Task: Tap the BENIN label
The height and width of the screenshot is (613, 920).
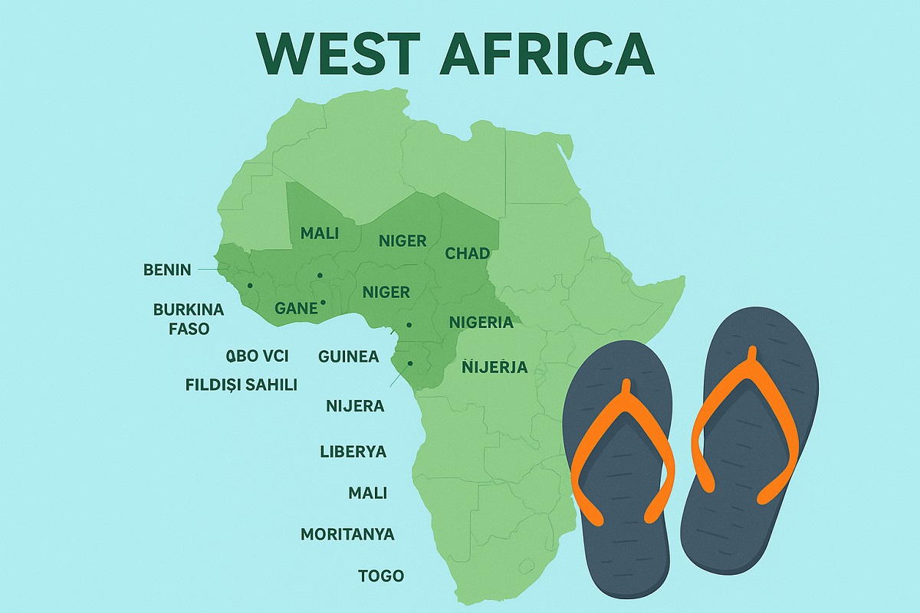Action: tap(167, 270)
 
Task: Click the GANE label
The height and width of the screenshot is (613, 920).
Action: tap(296, 308)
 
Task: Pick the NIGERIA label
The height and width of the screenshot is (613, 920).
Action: tap(481, 322)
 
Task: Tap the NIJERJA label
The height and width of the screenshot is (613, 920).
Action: tap(495, 367)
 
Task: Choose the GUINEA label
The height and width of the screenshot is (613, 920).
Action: tap(348, 356)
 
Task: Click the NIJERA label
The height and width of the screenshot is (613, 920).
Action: tap(355, 406)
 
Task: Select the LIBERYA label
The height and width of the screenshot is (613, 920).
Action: tap(353, 451)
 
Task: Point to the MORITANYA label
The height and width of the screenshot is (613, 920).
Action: tap(347, 534)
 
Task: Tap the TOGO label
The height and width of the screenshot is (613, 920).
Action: tap(381, 575)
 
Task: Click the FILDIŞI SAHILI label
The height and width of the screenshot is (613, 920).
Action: tap(241, 385)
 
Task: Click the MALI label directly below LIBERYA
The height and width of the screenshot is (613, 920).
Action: tap(367, 493)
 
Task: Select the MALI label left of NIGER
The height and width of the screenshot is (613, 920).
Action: tap(320, 233)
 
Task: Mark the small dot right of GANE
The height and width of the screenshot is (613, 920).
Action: tap(324, 303)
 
